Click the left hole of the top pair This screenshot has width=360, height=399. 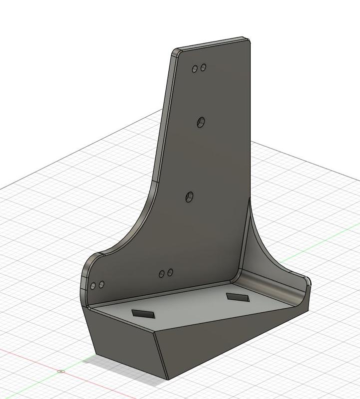pyautogui.click(x=195, y=69)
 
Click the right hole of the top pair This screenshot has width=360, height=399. pyautogui.click(x=203, y=68)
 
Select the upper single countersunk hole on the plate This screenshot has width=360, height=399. pyautogui.click(x=201, y=122)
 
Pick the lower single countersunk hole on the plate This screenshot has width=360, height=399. pyautogui.click(x=190, y=197)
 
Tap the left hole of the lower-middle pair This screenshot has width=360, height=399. pyautogui.click(x=162, y=274)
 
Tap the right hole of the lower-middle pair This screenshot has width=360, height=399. pyautogui.click(x=170, y=272)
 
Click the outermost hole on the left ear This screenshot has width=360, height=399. pyautogui.click(x=93, y=286)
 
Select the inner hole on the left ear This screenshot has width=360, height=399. pyautogui.click(x=101, y=284)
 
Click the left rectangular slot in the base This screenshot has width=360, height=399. pyautogui.click(x=143, y=314)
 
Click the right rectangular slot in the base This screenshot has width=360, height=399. pyautogui.click(x=237, y=297)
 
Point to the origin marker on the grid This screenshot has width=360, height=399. pyautogui.click(x=61, y=371)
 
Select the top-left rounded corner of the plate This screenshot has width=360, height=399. pyautogui.click(x=175, y=52)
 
